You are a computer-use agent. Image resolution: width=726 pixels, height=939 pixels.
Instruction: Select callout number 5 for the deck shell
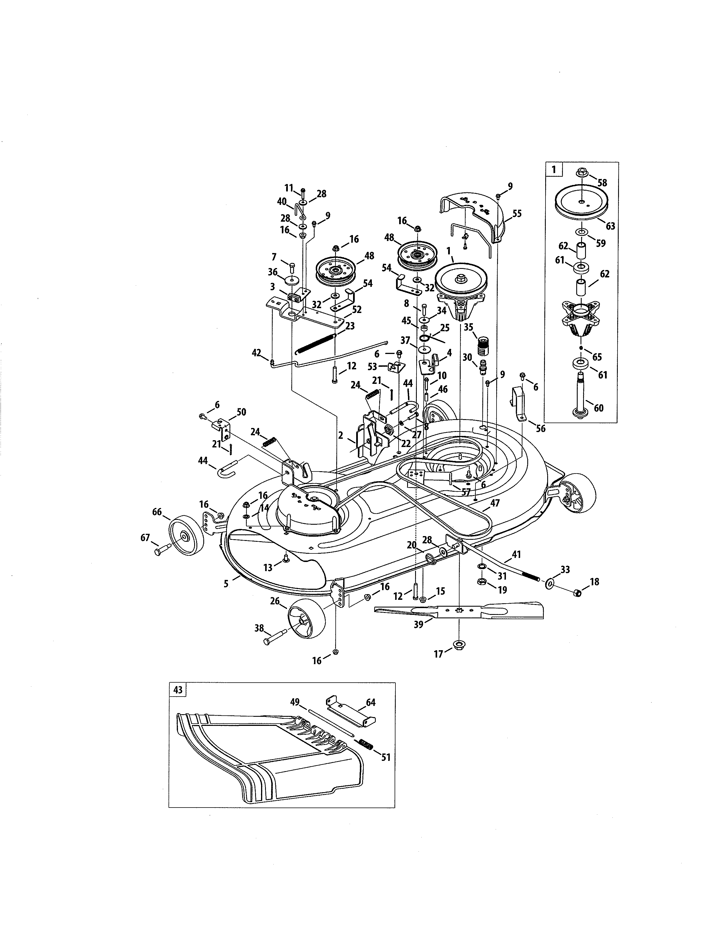226,584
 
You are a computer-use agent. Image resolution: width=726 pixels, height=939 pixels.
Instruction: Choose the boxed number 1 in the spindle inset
553,169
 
